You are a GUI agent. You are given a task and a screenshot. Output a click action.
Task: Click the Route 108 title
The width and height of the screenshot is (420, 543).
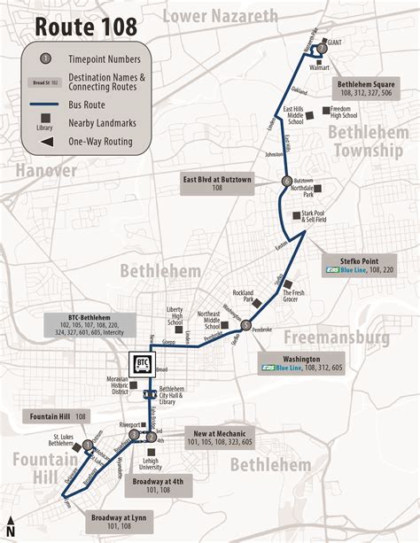pyautogui.click(x=86, y=27)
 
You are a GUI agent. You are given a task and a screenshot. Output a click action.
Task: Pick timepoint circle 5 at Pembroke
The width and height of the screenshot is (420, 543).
pyautogui.click(x=245, y=324)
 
